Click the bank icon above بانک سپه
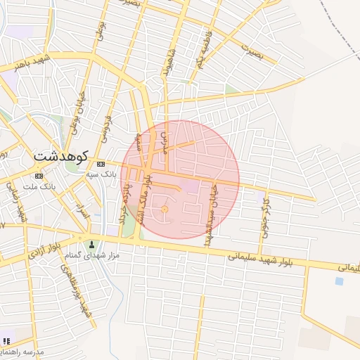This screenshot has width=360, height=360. click(x=101, y=164)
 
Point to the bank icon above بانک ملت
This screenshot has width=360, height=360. click(x=38, y=176)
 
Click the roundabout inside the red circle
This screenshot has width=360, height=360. click(x=165, y=210)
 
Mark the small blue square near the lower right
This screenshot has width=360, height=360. click(x=340, y=281)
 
